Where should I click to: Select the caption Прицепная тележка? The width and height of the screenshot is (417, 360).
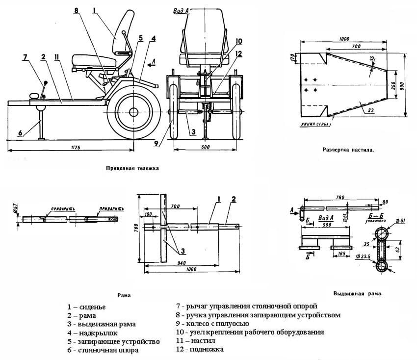click(x=132, y=167)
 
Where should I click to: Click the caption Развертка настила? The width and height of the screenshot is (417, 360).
click(x=348, y=150)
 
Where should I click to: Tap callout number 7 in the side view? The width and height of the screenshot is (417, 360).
click(x=25, y=57)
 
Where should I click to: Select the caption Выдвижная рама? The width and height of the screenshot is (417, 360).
click(x=358, y=294)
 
